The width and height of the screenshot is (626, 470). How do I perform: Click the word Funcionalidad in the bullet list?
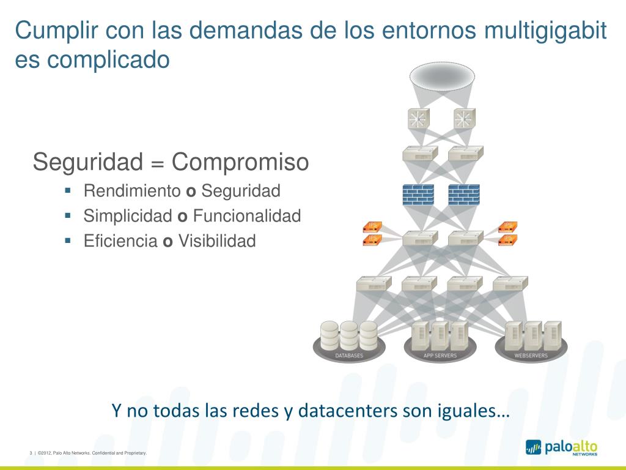(x=247, y=216)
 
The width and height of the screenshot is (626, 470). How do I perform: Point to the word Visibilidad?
(x=216, y=241)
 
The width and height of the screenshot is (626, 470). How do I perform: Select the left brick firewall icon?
(x=418, y=194)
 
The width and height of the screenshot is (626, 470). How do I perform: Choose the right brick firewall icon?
(x=464, y=194)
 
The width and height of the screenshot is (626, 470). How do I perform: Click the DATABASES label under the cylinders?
(x=349, y=356)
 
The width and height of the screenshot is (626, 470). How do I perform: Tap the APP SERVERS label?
(x=440, y=356)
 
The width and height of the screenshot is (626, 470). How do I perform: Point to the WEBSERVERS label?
(x=531, y=356)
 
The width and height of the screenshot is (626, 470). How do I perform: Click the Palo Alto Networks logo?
(x=561, y=447)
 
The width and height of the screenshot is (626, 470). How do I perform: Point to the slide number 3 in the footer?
(x=31, y=453)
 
